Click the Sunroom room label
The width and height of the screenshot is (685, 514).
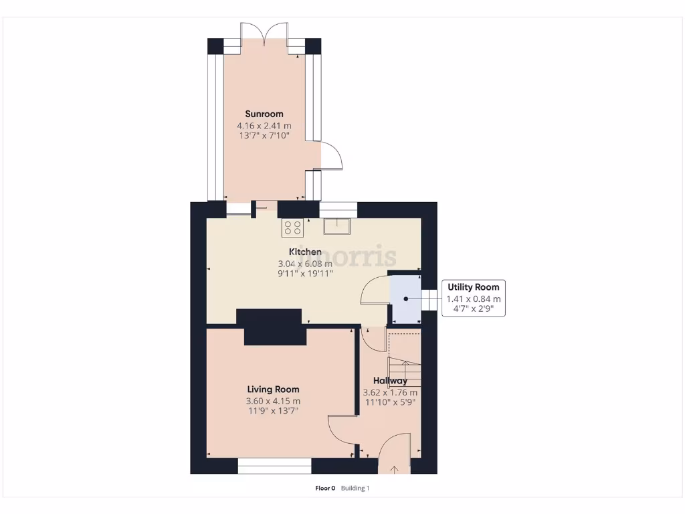264,114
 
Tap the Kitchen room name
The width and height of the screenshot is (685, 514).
305,252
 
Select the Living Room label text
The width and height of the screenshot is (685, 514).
273,389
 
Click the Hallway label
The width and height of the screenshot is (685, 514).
390,381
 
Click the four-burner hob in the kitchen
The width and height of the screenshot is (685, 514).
292,228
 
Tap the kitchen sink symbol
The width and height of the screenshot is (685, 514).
338,226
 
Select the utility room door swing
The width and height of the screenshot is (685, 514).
375,292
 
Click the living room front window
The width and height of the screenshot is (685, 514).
275,466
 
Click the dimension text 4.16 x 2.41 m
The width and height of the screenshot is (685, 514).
264,126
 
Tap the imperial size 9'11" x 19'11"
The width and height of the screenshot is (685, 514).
305,273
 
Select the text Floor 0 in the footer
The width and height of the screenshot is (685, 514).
324,488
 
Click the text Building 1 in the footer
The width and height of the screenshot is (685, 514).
355,488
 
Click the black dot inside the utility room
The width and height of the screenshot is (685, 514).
405,298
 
